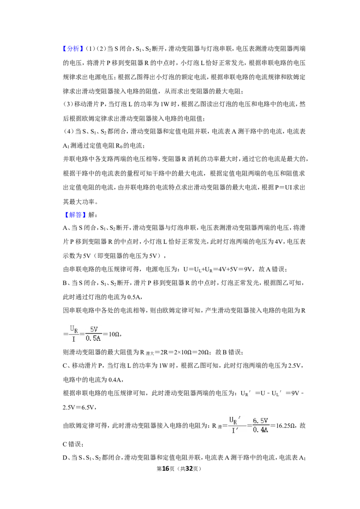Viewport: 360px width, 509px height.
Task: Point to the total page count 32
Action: point(189,469)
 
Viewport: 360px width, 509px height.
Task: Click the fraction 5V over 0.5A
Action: point(93,334)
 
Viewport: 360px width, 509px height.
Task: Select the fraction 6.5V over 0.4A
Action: point(261,425)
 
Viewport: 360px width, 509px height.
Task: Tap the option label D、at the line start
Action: point(67,458)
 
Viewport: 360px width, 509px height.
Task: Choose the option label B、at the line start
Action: point(67,283)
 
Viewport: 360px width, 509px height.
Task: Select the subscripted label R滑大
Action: point(147,353)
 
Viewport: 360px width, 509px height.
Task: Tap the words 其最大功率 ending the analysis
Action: point(79,201)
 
